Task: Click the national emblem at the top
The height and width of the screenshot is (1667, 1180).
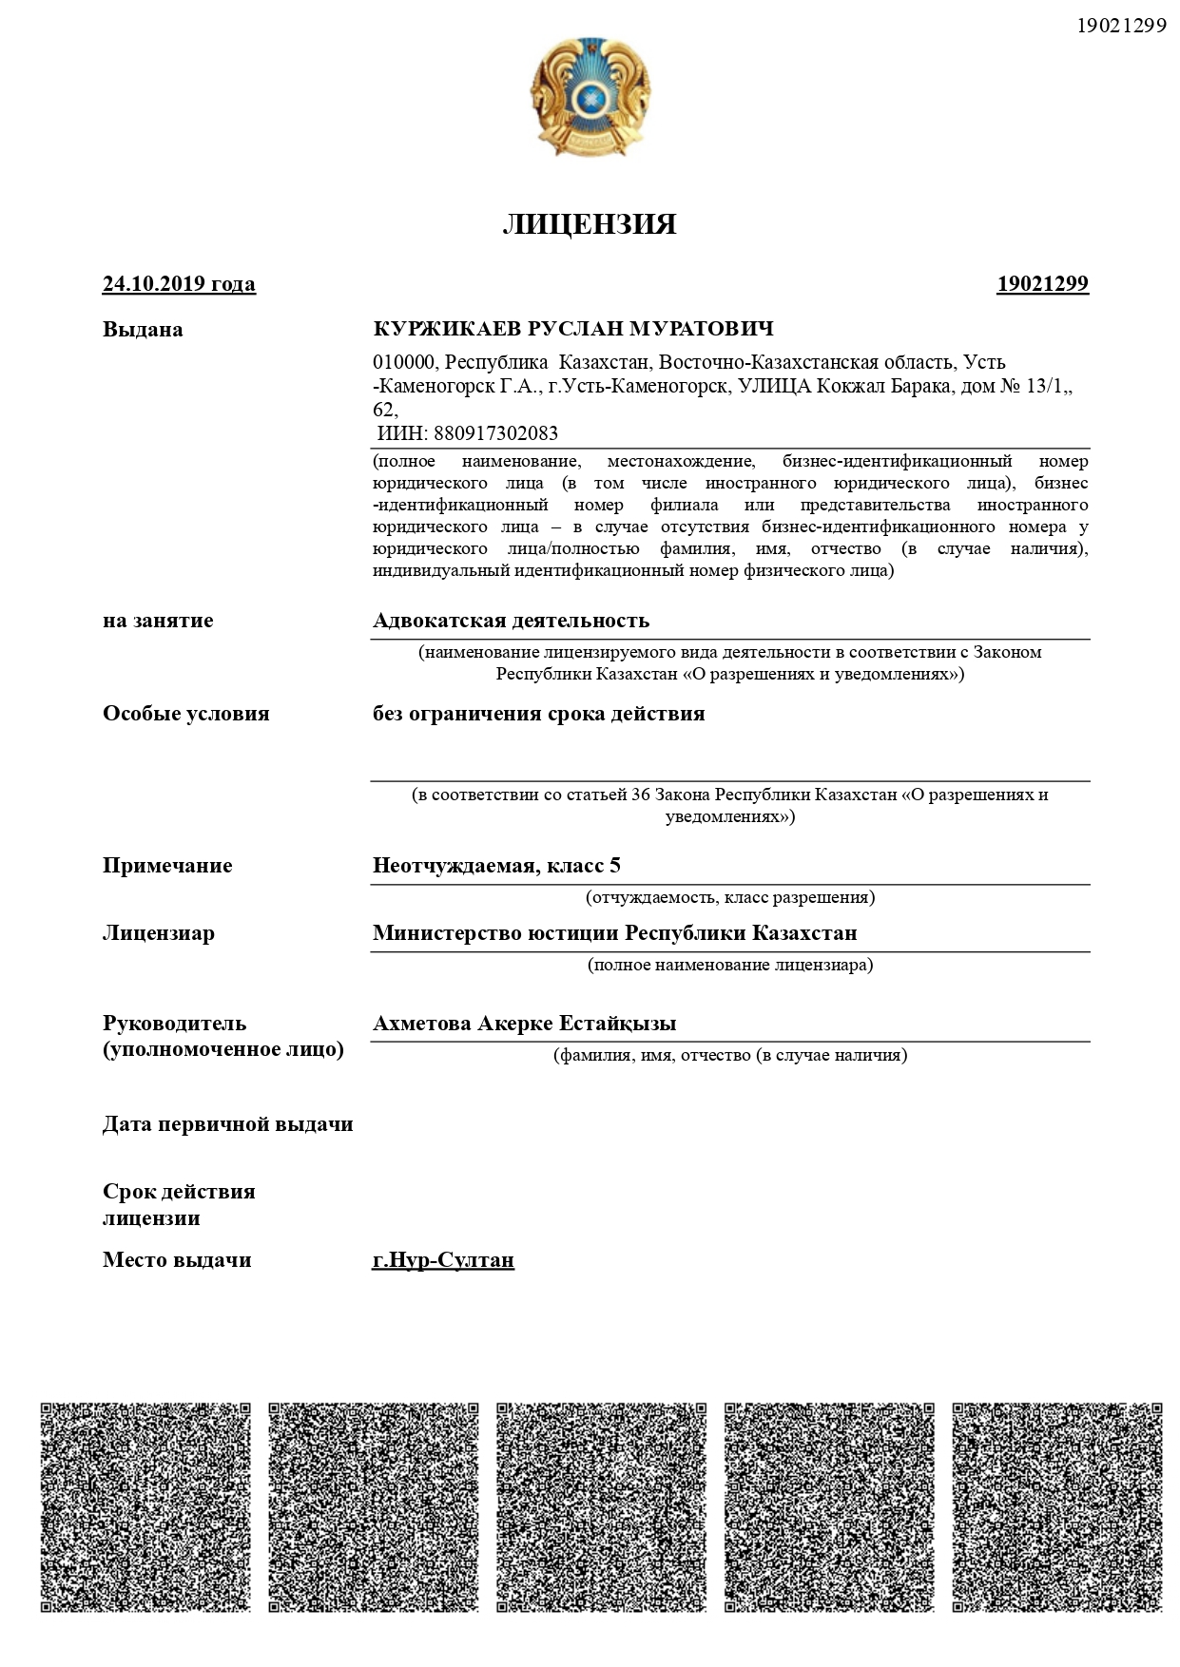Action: point(590,97)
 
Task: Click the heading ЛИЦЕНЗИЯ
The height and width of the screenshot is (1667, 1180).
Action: point(590,224)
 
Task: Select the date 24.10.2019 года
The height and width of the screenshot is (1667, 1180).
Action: point(179,284)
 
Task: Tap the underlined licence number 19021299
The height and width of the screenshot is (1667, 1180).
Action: point(1042,284)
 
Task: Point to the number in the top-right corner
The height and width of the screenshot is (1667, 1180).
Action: point(1121,26)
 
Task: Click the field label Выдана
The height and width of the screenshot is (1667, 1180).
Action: point(143,330)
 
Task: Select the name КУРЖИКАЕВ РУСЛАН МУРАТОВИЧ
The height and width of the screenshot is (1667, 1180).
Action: point(573,329)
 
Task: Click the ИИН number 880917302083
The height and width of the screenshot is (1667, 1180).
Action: point(495,433)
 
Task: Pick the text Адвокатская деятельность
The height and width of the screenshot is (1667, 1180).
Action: point(511,621)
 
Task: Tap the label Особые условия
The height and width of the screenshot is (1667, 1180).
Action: point(186,714)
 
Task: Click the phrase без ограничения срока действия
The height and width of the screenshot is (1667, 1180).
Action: point(538,714)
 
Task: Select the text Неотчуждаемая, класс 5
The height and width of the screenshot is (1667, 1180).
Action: point(496,866)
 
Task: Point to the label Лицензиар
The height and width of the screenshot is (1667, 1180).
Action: point(159,933)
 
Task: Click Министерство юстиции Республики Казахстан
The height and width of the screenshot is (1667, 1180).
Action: point(614,933)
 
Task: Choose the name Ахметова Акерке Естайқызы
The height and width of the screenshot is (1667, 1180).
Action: point(524,1024)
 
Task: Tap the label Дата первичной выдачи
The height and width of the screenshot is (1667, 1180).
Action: point(228,1124)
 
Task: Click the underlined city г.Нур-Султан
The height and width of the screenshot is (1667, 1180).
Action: point(443,1260)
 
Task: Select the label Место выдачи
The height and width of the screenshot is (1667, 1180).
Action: point(177,1260)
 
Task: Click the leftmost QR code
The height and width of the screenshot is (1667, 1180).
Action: point(145,1506)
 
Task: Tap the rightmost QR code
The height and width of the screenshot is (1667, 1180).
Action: point(1057,1506)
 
